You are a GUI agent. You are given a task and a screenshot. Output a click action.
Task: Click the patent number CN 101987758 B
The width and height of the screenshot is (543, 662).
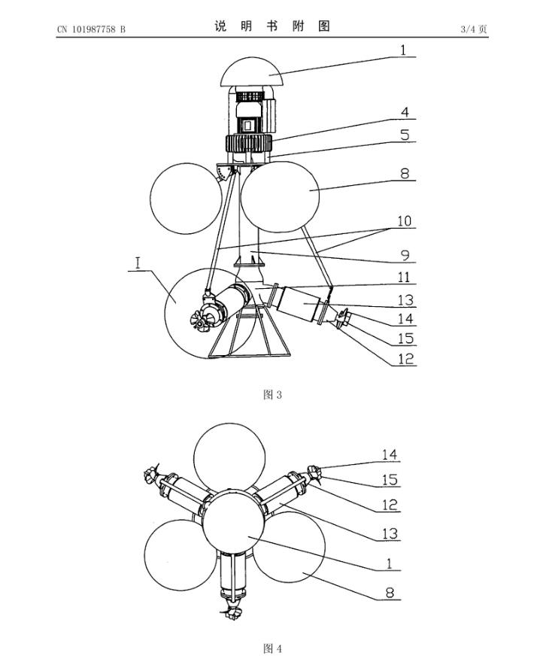91,29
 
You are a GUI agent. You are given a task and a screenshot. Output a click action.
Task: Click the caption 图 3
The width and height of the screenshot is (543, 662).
272,395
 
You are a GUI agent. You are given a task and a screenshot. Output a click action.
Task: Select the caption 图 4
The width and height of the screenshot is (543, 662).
272,648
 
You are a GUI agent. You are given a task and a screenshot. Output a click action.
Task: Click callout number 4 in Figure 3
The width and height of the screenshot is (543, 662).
405,112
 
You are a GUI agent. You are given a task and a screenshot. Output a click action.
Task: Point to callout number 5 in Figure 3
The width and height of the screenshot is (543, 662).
405,135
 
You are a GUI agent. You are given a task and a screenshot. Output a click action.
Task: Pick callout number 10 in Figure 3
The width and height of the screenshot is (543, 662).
404,221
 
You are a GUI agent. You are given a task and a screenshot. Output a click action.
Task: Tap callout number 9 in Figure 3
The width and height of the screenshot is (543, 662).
405,255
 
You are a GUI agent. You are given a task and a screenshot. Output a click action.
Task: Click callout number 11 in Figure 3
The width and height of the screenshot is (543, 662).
404,277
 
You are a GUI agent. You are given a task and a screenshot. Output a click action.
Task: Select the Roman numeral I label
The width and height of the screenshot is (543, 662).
138,263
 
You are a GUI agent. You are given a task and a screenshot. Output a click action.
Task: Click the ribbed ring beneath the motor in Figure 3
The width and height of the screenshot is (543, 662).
248,144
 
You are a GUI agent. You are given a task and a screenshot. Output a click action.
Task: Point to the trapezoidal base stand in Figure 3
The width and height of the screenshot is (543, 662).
250,336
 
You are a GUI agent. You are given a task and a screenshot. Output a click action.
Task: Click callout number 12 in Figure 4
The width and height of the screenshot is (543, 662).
390,505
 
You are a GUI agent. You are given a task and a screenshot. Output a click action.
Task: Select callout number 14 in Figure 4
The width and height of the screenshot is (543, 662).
390,454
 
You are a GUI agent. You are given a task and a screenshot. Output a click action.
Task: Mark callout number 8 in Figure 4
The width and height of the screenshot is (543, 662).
390,593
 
